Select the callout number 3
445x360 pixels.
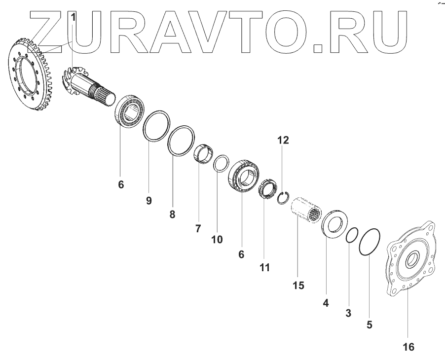348,313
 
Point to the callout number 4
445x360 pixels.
326,302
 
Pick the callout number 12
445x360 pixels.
283,140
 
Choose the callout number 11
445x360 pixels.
265,267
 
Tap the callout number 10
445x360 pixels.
217,239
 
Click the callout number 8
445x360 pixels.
172,215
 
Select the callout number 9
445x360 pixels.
148,200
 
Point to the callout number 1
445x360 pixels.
74,17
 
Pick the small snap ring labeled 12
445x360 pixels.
283,198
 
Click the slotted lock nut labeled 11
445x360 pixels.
266,189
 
